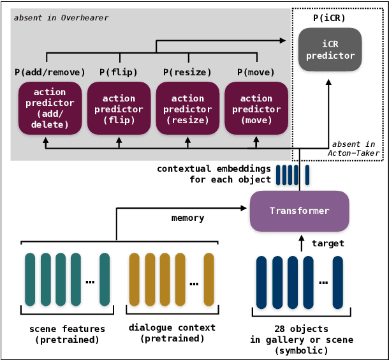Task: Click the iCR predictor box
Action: [x=330, y=50]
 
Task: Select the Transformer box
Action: [x=299, y=211]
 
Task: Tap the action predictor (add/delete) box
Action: [x=50, y=109]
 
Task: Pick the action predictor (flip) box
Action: [x=119, y=109]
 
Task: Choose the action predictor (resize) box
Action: [x=187, y=109]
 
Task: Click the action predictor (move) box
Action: [x=256, y=109]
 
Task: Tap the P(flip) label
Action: [x=119, y=71]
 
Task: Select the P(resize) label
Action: [x=187, y=71]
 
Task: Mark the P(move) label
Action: [x=256, y=71]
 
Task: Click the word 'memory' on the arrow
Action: [x=187, y=218]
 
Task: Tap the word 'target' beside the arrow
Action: [x=327, y=243]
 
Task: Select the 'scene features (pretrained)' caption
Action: [x=68, y=333]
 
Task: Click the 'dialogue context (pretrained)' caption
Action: [x=172, y=333]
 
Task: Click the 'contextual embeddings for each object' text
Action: [x=214, y=174]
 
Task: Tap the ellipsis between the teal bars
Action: [x=91, y=281]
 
